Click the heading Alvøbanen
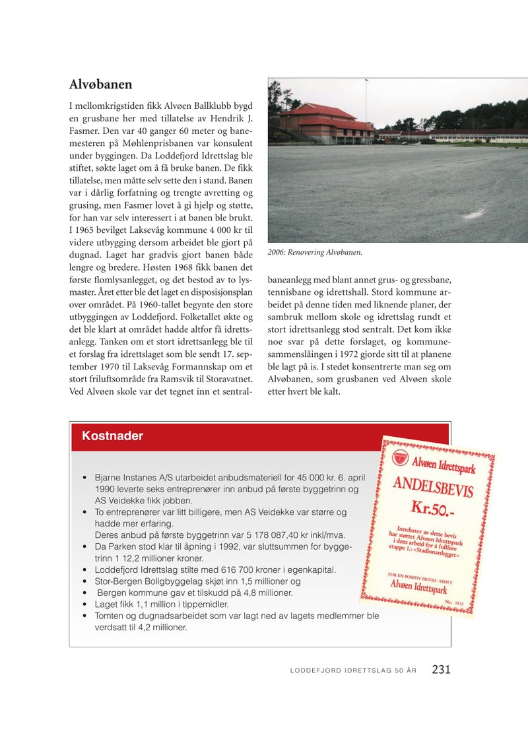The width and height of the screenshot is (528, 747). click(101, 84)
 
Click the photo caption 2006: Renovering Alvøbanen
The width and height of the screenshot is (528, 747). click(315, 252)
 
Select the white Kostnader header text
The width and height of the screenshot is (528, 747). click(112, 436)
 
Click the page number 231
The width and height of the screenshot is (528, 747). click(441, 669)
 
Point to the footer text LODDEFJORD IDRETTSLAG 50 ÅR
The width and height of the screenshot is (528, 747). click(353, 671)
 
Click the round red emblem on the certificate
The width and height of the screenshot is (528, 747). click(400, 457)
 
